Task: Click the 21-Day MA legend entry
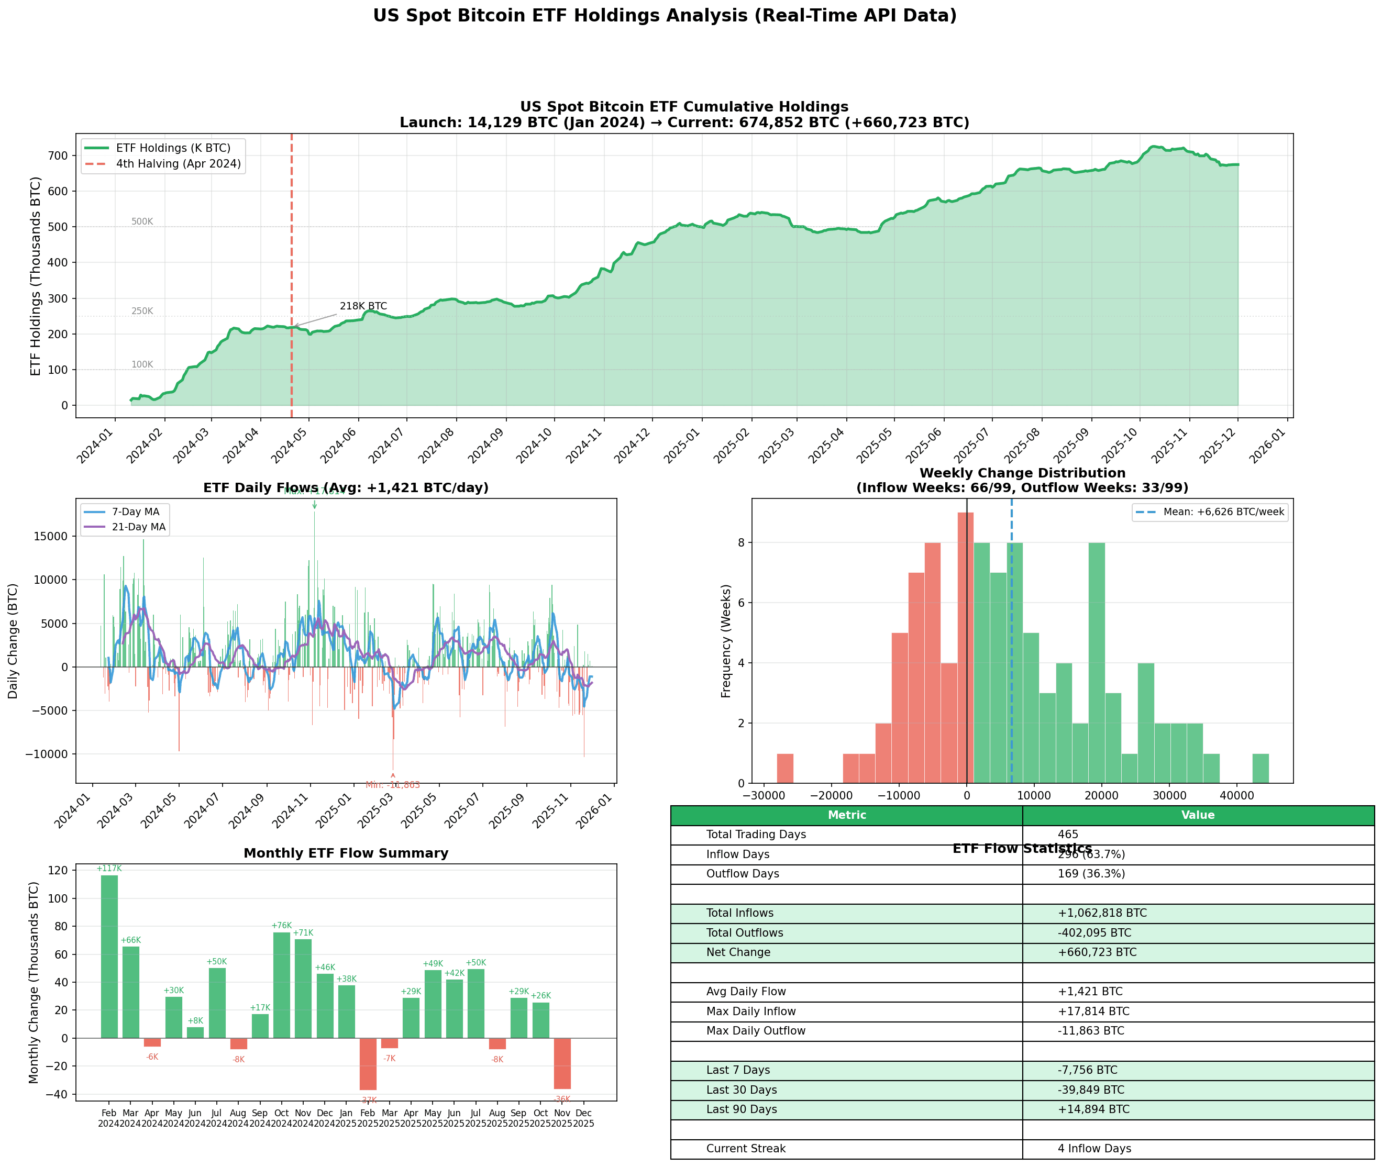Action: (x=138, y=527)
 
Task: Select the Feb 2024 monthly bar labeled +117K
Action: (x=109, y=957)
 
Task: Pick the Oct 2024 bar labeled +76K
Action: (x=282, y=985)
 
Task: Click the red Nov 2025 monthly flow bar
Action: (x=562, y=1063)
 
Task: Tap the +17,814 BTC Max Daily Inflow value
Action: (x=1093, y=1012)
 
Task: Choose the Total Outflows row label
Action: (x=744, y=933)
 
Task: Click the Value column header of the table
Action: (x=1198, y=815)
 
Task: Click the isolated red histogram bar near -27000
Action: (x=784, y=768)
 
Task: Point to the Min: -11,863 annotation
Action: (x=392, y=785)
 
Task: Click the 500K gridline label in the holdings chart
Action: (x=141, y=221)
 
